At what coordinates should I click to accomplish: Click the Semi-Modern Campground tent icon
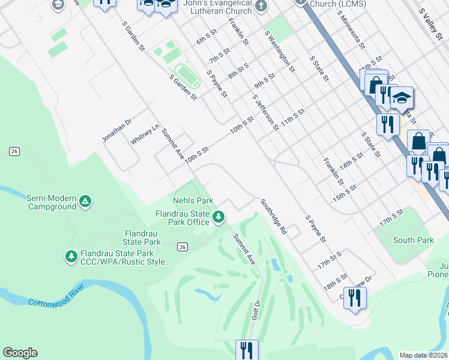(85, 200)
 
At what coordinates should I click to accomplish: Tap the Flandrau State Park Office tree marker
(220, 216)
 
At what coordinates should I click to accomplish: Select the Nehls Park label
(193, 200)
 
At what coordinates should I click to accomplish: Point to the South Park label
(413, 240)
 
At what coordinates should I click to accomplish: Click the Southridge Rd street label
(274, 217)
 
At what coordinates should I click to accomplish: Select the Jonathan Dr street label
(116, 130)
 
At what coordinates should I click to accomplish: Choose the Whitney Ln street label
(145, 134)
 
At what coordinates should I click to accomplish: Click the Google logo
(20, 353)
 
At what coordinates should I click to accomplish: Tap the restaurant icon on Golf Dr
(246, 350)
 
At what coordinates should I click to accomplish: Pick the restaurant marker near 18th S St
(355, 298)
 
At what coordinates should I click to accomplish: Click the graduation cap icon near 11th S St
(402, 98)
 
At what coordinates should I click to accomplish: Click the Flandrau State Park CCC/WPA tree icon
(71, 256)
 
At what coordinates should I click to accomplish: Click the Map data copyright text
(423, 355)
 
